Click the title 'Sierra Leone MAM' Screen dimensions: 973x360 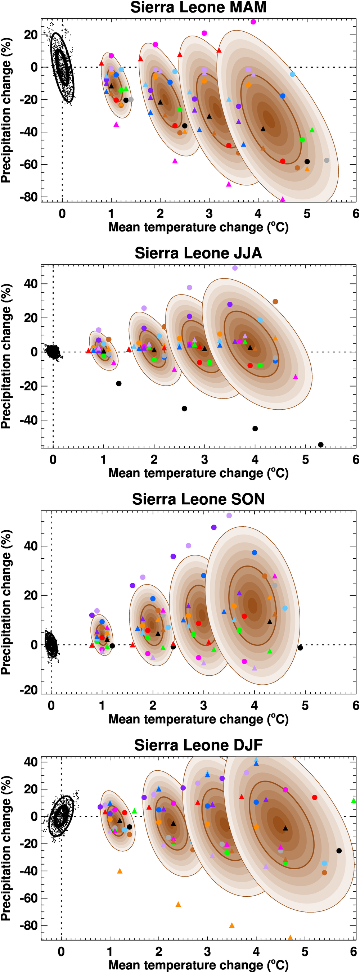198,7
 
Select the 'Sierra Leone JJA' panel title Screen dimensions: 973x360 198,253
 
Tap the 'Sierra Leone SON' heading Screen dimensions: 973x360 198,499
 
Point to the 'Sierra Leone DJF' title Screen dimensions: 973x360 198,745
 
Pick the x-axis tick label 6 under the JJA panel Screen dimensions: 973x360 355,459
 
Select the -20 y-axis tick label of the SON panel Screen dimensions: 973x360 29,690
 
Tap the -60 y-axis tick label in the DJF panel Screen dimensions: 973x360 29,898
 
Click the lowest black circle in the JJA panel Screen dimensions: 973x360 321,445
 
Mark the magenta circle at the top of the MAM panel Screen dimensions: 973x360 253,22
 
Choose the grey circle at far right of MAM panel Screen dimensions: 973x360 327,161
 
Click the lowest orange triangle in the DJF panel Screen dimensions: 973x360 290,937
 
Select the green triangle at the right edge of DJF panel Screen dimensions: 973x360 354,800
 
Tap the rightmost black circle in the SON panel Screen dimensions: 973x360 300,648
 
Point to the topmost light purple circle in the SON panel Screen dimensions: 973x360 229,515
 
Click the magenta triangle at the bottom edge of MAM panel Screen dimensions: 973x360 283,199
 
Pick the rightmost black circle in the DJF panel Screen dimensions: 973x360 339,851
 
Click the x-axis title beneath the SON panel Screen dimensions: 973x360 198,719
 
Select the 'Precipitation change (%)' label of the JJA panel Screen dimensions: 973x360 6,356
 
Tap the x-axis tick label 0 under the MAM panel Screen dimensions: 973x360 62,214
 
